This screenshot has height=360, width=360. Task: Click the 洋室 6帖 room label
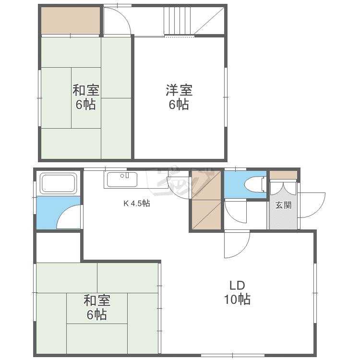coord(180,97)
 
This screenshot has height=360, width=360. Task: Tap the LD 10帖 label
coord(238,292)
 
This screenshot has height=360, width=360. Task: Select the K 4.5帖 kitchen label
coord(137,203)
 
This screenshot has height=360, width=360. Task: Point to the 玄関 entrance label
coord(283,205)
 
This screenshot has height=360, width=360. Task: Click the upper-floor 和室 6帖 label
coord(86,97)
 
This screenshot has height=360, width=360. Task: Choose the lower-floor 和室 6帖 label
coord(97,307)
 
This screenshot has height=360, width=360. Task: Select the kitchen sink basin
coord(122,180)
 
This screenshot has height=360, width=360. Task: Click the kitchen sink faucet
coord(125,176)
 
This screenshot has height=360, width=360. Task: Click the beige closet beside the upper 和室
coord(71,21)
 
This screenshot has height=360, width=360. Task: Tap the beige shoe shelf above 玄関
coord(283,175)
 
